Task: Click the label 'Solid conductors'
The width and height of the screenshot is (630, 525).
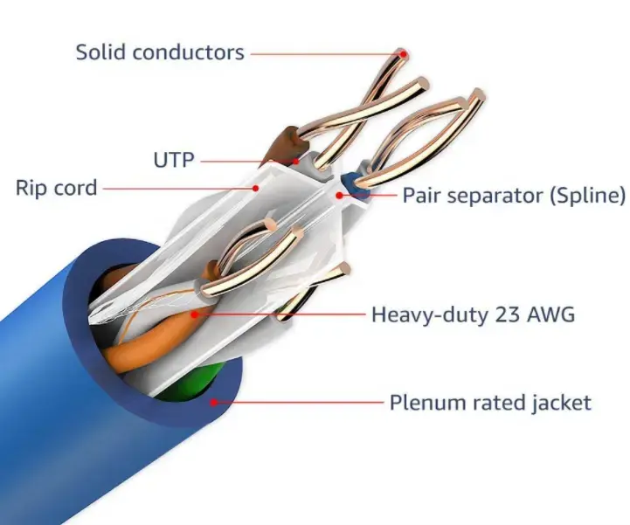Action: click(x=160, y=52)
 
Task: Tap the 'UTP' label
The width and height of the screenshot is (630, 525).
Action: click(x=173, y=159)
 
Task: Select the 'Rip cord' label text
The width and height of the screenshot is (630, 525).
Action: click(x=57, y=187)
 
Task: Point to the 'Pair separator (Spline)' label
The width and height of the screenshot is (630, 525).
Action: click(x=514, y=195)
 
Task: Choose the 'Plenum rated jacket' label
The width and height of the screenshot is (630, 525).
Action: click(x=490, y=403)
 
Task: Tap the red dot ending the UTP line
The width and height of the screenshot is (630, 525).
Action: click(x=297, y=160)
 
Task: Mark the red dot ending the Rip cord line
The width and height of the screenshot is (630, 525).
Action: click(x=255, y=187)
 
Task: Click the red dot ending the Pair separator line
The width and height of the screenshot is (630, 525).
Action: click(x=340, y=195)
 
